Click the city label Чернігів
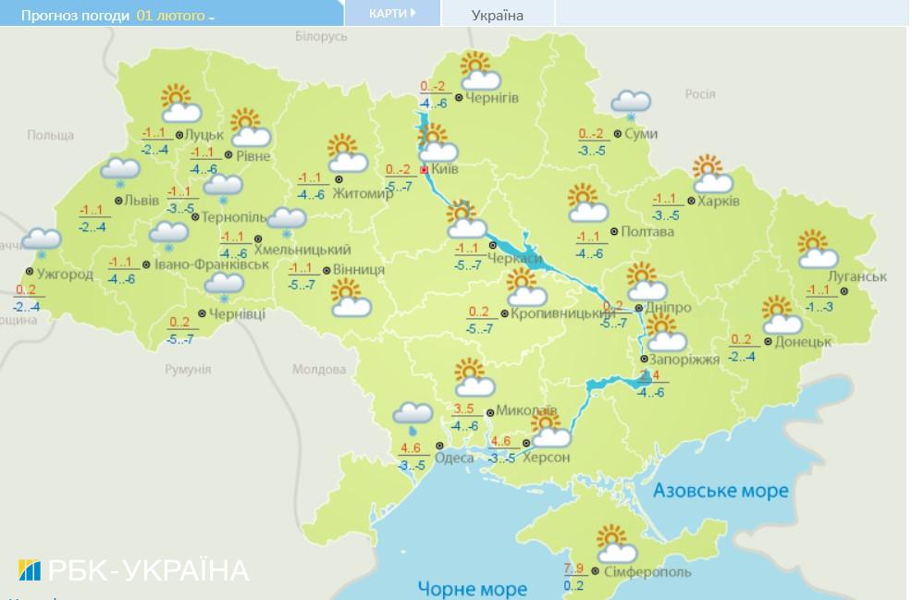point(492,98)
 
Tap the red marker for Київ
point(425,171)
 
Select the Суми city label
point(640,134)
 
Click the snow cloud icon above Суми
point(630,104)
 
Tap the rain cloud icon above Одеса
point(412,417)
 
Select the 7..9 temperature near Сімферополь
point(573,567)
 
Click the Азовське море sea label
point(721,490)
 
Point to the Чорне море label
point(472,588)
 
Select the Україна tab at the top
point(497,15)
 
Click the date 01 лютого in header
point(170,16)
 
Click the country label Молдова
point(318,369)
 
